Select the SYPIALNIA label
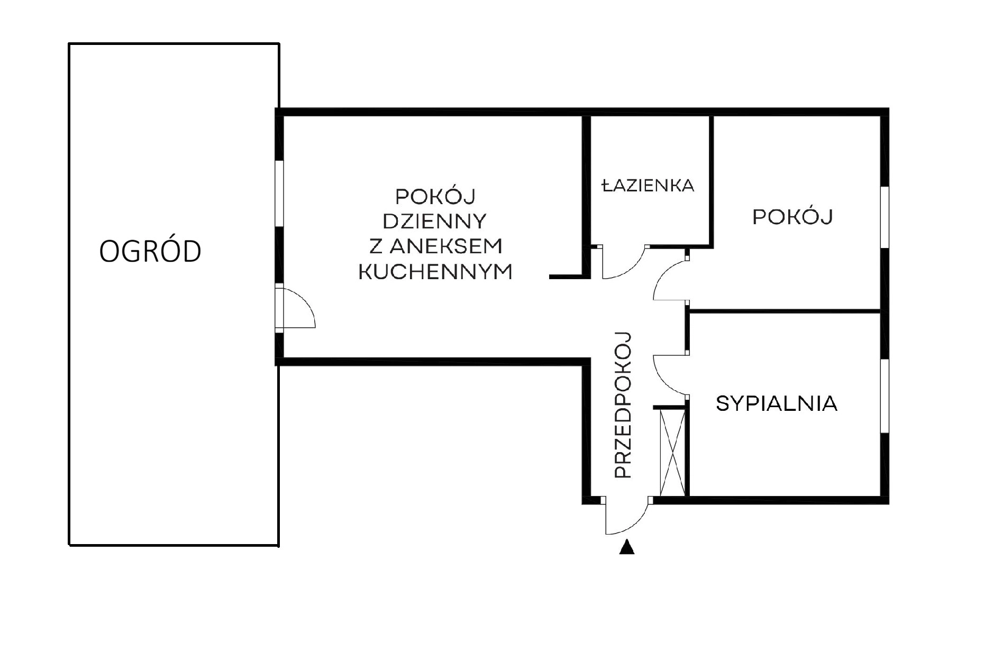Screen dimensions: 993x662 click(x=776, y=404)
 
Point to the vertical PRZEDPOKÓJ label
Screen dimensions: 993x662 click(x=624, y=405)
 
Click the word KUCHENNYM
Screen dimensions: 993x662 click(x=435, y=272)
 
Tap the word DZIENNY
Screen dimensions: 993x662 click(x=434, y=221)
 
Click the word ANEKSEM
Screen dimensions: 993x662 click(x=448, y=246)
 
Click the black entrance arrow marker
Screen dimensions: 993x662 click(x=627, y=547)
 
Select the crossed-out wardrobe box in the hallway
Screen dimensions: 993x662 click(x=672, y=453)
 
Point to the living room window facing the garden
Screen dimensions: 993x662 click(x=279, y=194)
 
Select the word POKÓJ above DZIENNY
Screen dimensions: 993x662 click(x=435, y=196)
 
